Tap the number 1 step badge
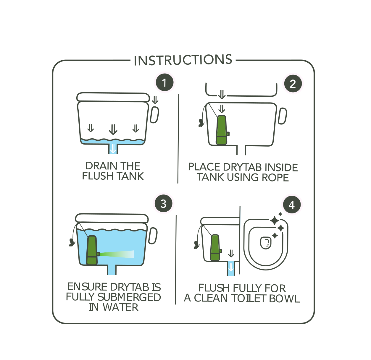pos(164,83)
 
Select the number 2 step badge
pos(293,84)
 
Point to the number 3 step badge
pos(163,204)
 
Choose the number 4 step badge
pos(292,205)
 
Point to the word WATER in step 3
pos(120,307)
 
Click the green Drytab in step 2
pos(222,130)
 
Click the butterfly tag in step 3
pos(72,242)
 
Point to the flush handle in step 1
pos(154,115)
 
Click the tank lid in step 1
pos(113,97)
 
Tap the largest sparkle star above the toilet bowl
pos(275,221)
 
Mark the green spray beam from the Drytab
pos(117,254)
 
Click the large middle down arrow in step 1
pos(113,129)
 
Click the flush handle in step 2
pos(282,116)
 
